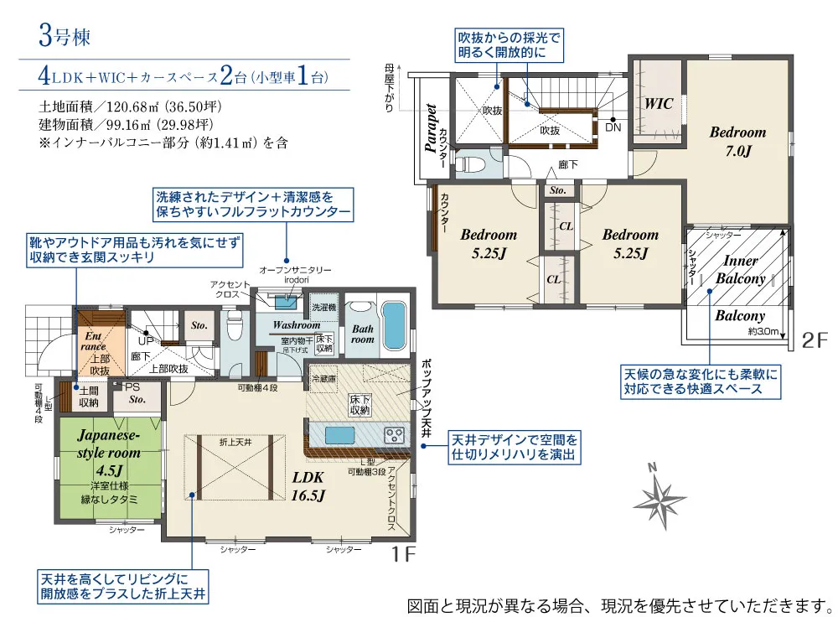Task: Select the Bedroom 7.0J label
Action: click(737, 142)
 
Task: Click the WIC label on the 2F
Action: click(659, 104)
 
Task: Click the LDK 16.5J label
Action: click(308, 485)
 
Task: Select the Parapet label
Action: click(431, 128)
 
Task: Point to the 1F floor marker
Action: click(404, 554)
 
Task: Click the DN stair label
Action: click(613, 128)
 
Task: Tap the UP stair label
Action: click(145, 341)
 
